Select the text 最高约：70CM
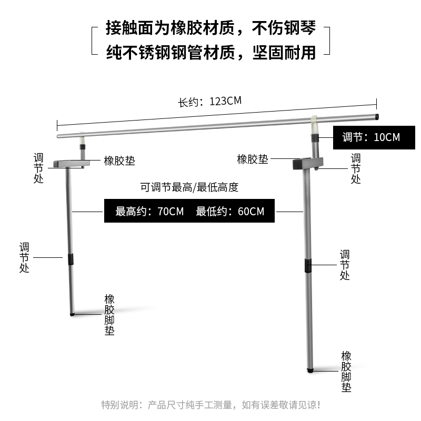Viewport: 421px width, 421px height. coord(150,212)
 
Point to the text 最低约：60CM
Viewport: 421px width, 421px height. coord(230,212)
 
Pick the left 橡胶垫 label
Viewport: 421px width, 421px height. coord(119,161)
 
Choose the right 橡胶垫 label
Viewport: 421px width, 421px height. coord(253,160)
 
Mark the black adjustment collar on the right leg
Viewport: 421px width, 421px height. coord(307,266)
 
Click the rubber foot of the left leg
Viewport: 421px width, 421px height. coord(73,314)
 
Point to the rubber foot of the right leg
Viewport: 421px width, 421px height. coord(310,370)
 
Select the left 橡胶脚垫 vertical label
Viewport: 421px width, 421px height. coord(109,315)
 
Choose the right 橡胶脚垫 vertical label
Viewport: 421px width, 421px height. coord(346,372)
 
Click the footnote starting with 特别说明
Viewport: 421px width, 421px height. coord(210,405)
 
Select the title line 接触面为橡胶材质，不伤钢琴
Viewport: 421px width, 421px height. coord(210,28)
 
